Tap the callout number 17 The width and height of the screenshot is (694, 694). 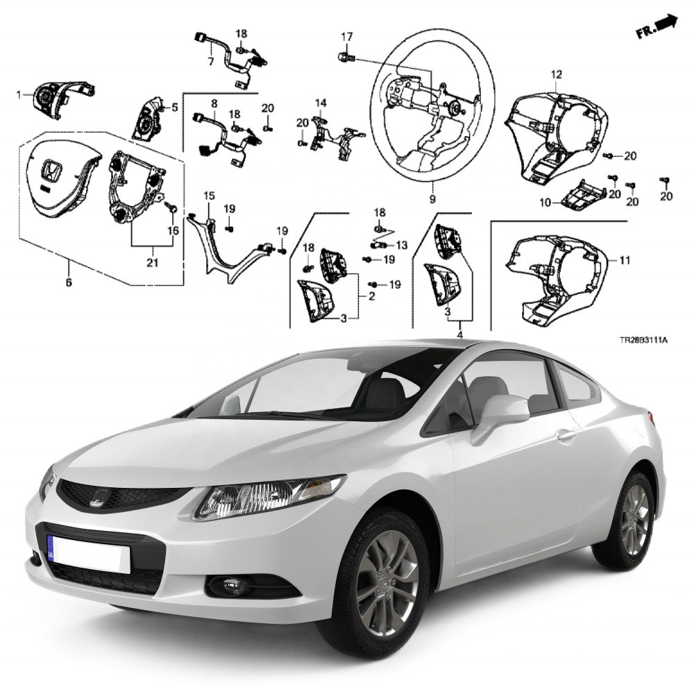347,36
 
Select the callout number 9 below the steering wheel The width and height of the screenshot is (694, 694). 432,199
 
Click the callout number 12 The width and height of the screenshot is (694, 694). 557,74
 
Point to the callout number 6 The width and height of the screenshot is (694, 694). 69,282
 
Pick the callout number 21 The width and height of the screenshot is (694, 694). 152,262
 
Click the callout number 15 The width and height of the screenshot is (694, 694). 209,196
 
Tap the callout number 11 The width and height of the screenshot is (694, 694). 625,260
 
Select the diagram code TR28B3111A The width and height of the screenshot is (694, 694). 643,340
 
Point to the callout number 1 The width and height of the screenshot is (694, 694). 18,94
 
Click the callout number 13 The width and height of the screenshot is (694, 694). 401,245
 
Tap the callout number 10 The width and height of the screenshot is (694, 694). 545,203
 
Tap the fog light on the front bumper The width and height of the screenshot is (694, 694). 230,586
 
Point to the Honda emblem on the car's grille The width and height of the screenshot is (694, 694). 99,498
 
